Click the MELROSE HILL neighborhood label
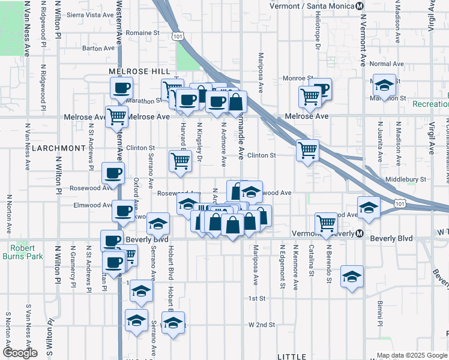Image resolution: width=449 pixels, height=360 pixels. point(140,71)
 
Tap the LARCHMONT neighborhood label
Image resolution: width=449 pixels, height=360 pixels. point(59,148)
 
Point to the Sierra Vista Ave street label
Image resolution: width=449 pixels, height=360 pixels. point(90,14)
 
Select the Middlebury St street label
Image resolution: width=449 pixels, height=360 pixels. point(405,179)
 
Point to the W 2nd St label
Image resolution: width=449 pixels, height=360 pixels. point(262,325)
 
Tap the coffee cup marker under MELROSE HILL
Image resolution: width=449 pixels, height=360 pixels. point(121,89)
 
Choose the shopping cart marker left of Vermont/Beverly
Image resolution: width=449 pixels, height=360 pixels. point(326,224)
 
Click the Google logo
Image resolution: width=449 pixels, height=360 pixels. point(20,353)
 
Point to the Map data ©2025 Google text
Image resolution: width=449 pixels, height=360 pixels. point(411,355)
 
